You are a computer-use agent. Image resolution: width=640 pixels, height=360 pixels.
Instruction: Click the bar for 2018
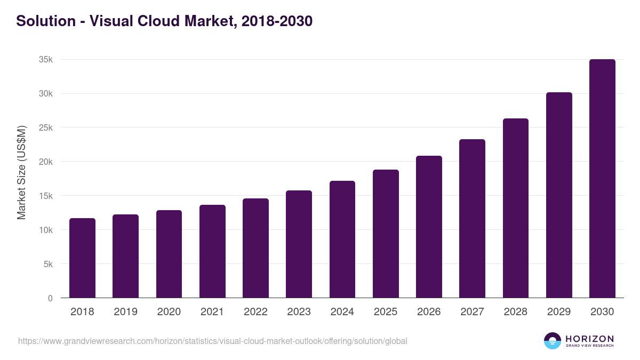pos(82,258)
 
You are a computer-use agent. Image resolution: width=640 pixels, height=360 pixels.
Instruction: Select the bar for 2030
pos(602,179)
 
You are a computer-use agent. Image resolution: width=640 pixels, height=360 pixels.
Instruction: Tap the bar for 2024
pos(342,239)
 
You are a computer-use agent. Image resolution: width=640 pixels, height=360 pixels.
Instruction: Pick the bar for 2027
pos(472,219)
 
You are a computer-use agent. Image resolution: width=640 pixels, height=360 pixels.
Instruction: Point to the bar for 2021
pos(212,251)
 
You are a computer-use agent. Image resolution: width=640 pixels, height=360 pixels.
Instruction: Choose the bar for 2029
pos(559,195)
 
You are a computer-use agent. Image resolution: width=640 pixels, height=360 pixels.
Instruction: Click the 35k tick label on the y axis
pos(46,60)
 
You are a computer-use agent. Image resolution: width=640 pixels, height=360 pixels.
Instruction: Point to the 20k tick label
pos(46,162)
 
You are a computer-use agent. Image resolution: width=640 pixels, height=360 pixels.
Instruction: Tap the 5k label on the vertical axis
pos(48,264)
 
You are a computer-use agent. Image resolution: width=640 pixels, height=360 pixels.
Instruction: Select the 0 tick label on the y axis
pos(50,298)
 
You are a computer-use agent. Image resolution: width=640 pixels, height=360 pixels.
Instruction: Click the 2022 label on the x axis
pos(255,312)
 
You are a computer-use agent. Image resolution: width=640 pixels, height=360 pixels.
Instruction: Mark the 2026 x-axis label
pos(429,312)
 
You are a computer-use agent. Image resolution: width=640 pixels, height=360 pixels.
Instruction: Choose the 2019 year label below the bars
pos(125,312)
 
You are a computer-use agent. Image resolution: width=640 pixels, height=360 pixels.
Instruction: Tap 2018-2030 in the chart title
pos(277,21)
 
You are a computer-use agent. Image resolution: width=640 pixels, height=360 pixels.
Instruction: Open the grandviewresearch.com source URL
pos(213,341)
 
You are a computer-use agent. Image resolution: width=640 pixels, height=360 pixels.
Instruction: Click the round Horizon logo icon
pos(553,341)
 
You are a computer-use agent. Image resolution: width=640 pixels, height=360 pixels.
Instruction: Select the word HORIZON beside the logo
pos(589,338)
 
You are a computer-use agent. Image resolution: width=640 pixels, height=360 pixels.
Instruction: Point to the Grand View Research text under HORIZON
pos(589,346)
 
